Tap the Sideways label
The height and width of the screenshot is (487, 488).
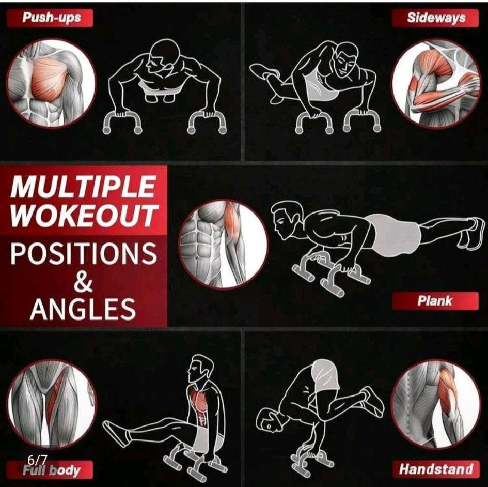coord(435,18)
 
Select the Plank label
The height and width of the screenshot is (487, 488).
coord(435,301)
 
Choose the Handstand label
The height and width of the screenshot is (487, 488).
coord(435,469)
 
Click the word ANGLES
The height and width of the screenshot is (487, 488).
coord(83,309)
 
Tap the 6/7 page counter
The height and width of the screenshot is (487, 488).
coord(37,459)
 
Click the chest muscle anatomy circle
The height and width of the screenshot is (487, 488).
coord(51,83)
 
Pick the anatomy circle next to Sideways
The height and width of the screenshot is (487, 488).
coord(436,83)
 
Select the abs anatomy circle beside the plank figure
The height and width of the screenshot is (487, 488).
coord(224,244)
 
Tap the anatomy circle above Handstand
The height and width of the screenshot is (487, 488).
coord(436,404)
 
